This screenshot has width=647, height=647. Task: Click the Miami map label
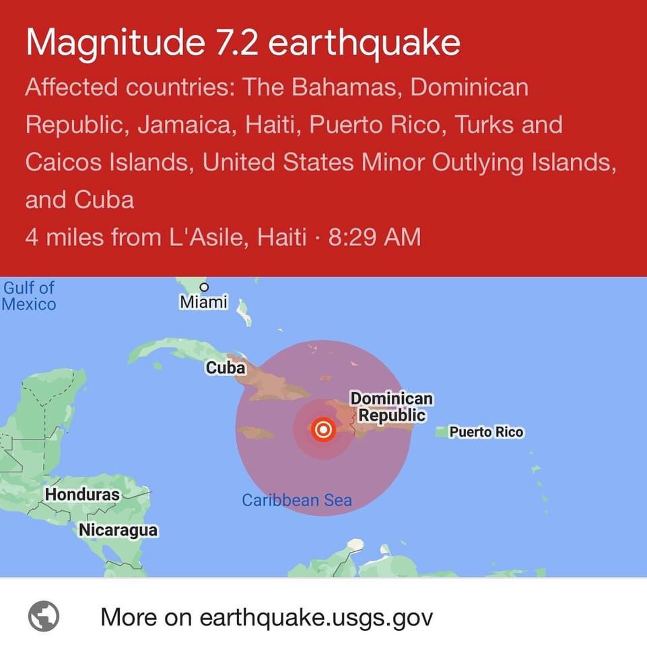coord(203,303)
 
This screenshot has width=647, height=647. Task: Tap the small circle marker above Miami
coord(204,286)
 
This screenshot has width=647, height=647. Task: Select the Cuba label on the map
coord(225,369)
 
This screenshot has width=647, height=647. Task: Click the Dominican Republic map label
coord(392,407)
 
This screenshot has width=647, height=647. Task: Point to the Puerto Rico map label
coord(486,432)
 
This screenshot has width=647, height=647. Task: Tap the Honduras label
coord(82,494)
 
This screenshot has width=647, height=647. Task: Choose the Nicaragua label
coord(118,530)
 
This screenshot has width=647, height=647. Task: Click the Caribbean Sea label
coord(296,500)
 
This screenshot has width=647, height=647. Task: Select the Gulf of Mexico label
coord(29,296)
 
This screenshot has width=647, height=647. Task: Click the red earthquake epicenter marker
coord(324,429)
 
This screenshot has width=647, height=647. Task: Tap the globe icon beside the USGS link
coord(44,616)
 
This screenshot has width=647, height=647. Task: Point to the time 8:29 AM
coord(374,237)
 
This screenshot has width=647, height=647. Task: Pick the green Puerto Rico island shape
coord(440,431)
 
